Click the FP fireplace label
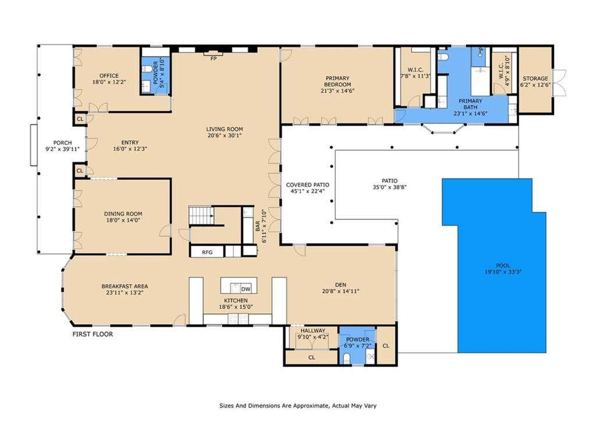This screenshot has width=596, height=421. [214, 59]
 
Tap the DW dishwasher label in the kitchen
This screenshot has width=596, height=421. [246, 289]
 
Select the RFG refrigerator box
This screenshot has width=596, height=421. [207, 252]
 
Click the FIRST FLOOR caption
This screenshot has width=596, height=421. [93, 334]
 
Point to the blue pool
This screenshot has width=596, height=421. [498, 266]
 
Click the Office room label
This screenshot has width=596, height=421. [109, 76]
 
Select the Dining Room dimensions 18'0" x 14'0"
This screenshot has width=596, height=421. [123, 220]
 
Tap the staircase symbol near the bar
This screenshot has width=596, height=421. [201, 215]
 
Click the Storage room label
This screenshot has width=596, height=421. [535, 79]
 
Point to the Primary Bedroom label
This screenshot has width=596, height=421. [338, 82]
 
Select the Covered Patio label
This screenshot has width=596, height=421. [307, 185]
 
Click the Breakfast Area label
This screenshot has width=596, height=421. [125, 286]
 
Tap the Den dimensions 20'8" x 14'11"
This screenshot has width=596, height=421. [340, 291]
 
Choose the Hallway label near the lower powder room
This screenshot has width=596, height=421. [313, 331]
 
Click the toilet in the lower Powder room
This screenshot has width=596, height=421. [346, 358]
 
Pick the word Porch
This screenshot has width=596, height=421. [62, 143]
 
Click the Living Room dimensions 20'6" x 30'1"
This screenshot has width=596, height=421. [225, 135]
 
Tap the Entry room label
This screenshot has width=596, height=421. [130, 143]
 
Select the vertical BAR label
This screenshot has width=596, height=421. [258, 227]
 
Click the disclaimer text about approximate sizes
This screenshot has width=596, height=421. [298, 406]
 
